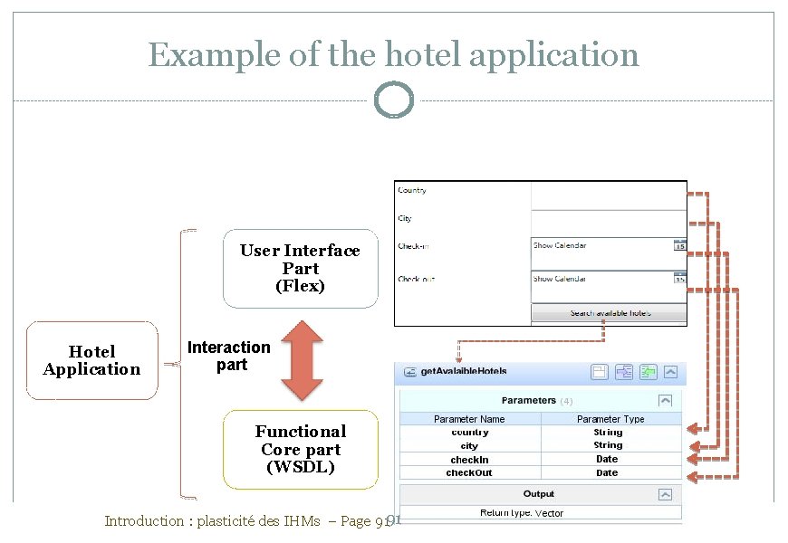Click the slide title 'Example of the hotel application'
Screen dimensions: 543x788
(393, 55)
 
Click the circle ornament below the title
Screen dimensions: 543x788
(393, 100)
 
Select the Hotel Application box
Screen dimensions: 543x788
(92, 360)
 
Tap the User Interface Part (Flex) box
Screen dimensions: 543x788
(300, 268)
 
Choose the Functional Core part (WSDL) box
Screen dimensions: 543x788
(300, 450)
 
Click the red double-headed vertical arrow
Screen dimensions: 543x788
(301, 358)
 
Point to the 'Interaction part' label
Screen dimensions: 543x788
(228, 356)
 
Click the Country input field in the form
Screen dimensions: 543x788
(608, 195)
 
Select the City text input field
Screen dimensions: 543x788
(608, 223)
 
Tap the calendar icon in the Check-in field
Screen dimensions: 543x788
(679, 245)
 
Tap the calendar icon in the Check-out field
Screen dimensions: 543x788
(679, 279)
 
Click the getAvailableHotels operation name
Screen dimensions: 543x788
(464, 371)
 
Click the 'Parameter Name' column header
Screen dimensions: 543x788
(469, 419)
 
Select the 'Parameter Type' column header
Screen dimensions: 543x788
(610, 419)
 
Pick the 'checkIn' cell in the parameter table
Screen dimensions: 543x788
(469, 460)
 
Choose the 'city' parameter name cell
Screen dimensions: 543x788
(469, 446)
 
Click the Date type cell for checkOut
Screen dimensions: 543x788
(608, 472)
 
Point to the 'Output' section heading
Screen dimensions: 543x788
(539, 494)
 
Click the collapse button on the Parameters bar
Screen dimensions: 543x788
(666, 400)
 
